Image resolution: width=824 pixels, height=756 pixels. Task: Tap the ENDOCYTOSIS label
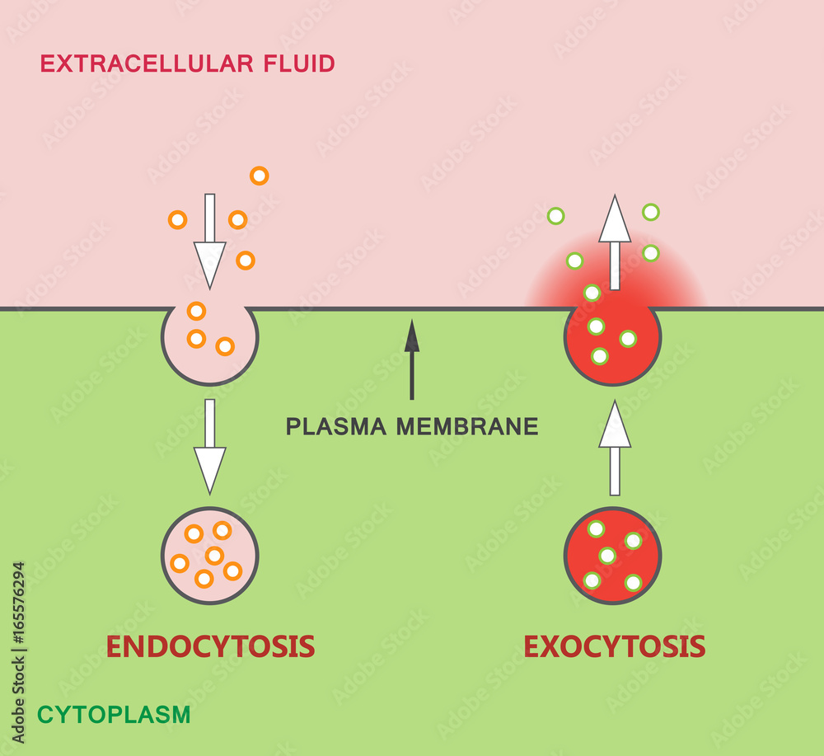pos(210,646)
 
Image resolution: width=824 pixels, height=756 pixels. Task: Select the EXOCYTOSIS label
pos(615,646)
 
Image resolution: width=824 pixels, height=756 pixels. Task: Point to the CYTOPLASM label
pos(114,715)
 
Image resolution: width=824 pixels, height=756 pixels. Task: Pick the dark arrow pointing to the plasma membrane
pos(412,359)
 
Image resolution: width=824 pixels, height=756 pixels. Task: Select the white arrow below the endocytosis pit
pos(210,445)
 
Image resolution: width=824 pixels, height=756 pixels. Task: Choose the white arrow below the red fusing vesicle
pos(615,448)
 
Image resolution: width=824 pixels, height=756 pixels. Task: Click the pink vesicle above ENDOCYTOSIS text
pos(210,555)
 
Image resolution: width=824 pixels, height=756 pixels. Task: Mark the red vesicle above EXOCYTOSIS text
pos(613,555)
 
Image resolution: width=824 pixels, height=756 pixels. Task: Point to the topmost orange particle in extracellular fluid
pos(260,176)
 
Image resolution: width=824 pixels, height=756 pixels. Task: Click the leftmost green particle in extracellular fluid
pos(556,216)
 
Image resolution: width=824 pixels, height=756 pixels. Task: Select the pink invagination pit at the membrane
pos(210,342)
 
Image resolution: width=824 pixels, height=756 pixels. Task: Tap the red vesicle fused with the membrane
pos(612,342)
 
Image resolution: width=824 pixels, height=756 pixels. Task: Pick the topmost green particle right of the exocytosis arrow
pos(651,212)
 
